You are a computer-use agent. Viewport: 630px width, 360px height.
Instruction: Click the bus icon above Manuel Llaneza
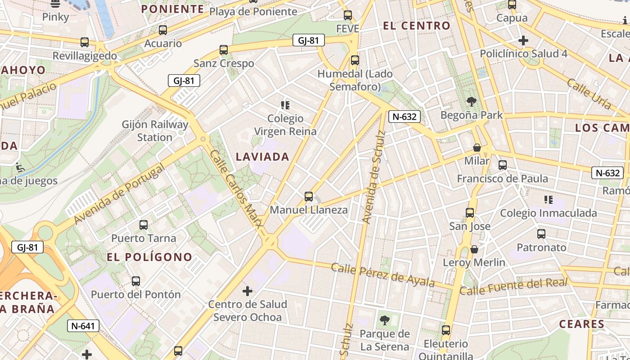click(x=308, y=196)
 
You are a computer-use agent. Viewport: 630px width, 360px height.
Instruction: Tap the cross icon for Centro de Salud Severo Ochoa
click(x=247, y=291)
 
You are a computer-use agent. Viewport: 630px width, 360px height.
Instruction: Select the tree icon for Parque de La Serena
click(x=385, y=320)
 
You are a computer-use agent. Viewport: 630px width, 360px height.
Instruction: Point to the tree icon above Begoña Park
click(x=471, y=101)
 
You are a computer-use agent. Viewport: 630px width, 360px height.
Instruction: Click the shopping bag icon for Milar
click(x=477, y=148)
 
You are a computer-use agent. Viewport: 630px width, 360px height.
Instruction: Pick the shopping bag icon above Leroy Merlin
click(x=474, y=249)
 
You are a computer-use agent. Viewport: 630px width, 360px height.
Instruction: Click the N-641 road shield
click(x=83, y=325)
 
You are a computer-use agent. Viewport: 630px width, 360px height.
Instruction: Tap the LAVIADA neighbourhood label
click(x=262, y=157)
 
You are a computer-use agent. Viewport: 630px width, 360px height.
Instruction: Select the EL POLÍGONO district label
click(x=149, y=257)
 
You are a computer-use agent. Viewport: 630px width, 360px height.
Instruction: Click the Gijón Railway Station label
click(x=155, y=130)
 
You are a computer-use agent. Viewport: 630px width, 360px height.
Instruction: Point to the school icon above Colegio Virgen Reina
click(x=285, y=105)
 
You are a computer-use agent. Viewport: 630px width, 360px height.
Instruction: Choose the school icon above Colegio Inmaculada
click(x=548, y=199)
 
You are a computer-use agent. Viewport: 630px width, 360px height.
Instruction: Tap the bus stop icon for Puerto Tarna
click(x=144, y=225)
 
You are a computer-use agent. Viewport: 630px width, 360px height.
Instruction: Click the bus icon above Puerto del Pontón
click(x=136, y=281)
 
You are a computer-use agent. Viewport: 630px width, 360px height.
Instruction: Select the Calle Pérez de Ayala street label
click(x=383, y=275)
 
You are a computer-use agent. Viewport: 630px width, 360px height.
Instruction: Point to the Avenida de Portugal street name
click(x=119, y=195)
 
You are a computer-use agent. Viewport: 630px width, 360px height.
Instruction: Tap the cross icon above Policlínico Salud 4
click(x=523, y=40)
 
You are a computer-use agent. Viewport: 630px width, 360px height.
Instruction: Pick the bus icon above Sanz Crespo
click(x=224, y=50)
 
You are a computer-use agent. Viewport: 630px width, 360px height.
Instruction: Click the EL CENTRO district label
click(x=417, y=26)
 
